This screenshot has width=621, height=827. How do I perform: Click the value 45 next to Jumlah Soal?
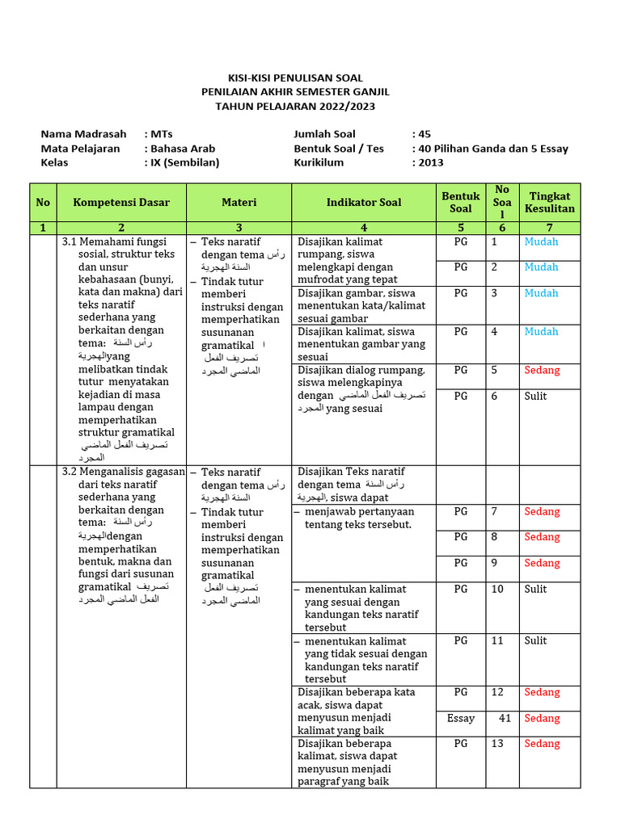point(424,134)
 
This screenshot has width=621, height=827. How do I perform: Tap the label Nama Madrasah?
point(83,134)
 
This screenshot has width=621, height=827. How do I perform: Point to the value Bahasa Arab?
point(182,149)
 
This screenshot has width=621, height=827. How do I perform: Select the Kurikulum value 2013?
point(429,162)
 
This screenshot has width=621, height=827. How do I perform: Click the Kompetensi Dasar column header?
point(121,202)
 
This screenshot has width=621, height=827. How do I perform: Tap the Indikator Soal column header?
point(364,202)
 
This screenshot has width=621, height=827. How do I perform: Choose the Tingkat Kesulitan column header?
point(550,202)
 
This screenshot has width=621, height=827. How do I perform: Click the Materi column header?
point(239,202)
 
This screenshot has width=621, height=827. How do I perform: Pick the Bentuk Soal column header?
point(460,202)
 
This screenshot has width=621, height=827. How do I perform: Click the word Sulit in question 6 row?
point(535,396)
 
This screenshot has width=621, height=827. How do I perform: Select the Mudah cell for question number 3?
point(541,293)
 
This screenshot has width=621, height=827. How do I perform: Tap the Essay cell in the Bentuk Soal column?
point(461,718)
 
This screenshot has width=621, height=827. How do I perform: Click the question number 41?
point(505,718)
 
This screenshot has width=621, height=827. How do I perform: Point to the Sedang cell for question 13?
point(542,744)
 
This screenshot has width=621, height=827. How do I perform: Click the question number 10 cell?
point(497,589)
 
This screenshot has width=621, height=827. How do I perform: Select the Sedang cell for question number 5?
point(542,370)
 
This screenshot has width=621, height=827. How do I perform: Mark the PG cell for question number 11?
point(461,640)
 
